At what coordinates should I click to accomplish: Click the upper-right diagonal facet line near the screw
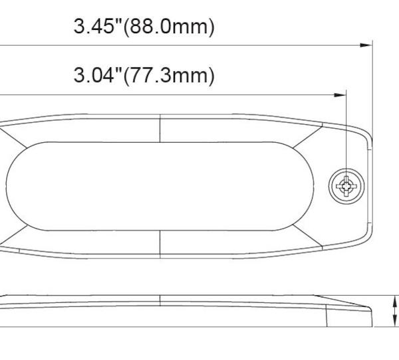pyautogui.click(x=311, y=136)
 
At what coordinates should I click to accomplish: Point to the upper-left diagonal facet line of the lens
pyautogui.click(x=8, y=136)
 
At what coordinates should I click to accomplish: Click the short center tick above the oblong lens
pyautogui.click(x=160, y=127)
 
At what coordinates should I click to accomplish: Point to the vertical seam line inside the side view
pyautogui.click(x=327, y=317)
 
